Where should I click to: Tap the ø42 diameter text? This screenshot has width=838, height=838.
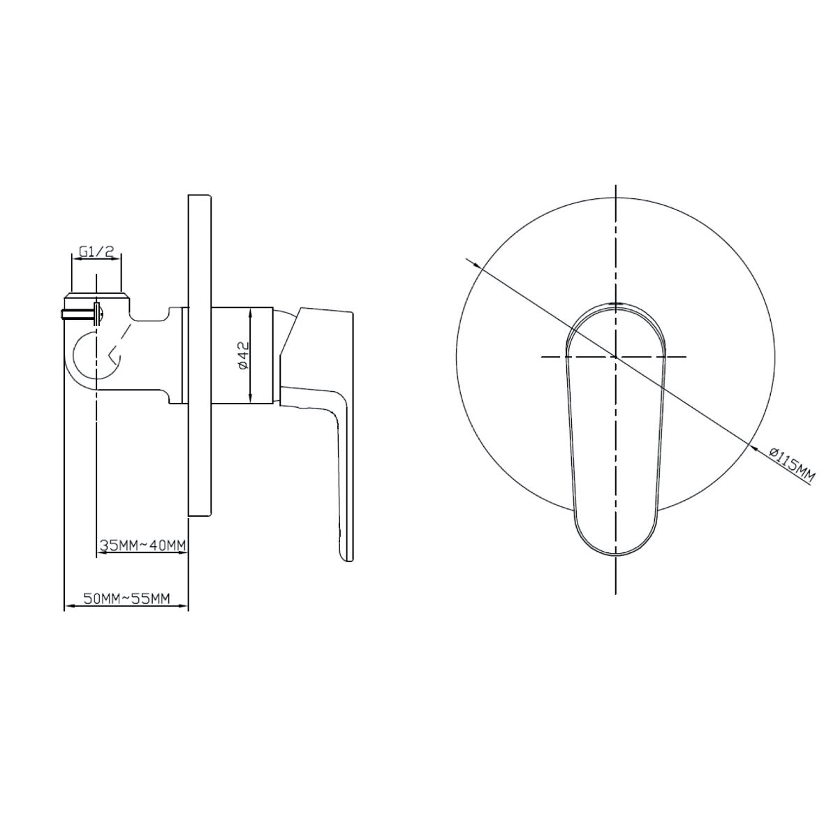click(243, 355)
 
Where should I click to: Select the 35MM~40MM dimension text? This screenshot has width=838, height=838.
click(142, 545)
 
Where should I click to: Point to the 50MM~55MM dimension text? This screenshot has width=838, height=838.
click(126, 598)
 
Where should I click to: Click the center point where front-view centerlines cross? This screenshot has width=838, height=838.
click(616, 357)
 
